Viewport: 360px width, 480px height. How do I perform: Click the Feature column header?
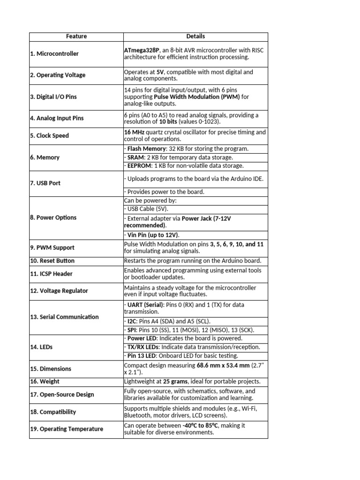pyautogui.click(x=76, y=36)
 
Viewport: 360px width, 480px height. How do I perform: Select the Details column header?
pyautogui.click(x=195, y=36)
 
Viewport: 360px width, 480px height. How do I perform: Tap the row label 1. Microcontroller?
pyautogui.click(x=54, y=53)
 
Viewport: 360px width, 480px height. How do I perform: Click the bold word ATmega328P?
pyautogui.click(x=139, y=50)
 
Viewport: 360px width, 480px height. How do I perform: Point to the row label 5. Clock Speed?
pyautogui.click(x=49, y=135)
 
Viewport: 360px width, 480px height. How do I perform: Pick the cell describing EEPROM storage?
pyautogui.click(x=184, y=165)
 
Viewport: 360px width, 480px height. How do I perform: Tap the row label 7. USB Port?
pyautogui.click(x=45, y=183)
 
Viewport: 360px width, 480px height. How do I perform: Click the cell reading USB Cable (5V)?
pyautogui.click(x=146, y=209)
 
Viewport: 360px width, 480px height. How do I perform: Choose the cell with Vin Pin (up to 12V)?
pyautogui.click(x=153, y=235)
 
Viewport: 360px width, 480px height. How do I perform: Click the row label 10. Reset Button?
pyautogui.click(x=52, y=261)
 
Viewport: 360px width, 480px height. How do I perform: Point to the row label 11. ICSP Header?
pyautogui.click(x=51, y=274)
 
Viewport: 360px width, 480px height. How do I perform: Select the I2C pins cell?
pyautogui.click(x=167, y=321)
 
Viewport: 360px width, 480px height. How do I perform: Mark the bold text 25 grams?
pyautogui.click(x=176, y=382)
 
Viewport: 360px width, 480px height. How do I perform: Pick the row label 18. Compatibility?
pyautogui.click(x=53, y=412)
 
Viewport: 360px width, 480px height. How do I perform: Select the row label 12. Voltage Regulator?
pyautogui.click(x=59, y=291)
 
